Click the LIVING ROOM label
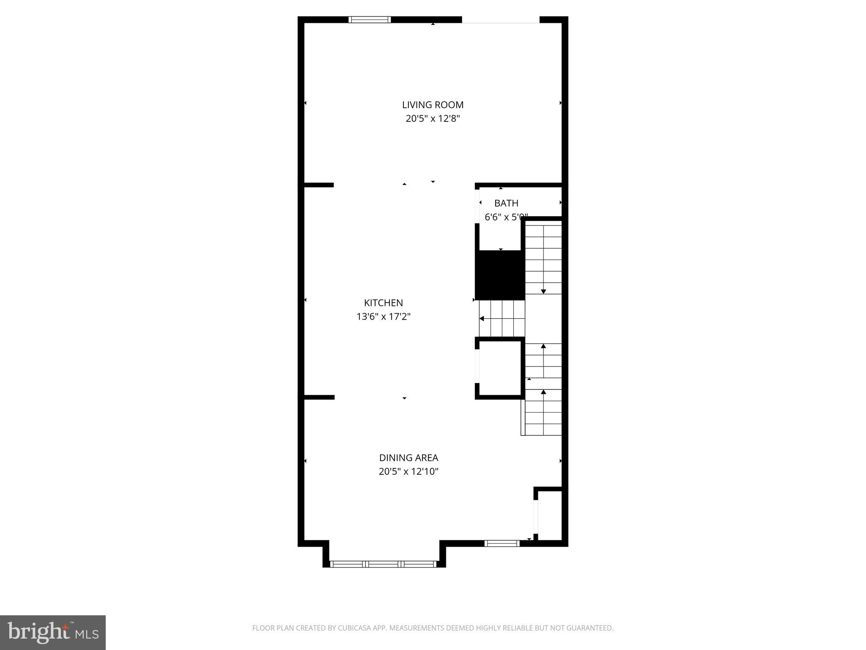[x=433, y=105]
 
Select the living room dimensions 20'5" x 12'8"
[x=433, y=118]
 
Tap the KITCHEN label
[x=384, y=303]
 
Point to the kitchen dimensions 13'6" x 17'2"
[x=384, y=317]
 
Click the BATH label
[x=506, y=203]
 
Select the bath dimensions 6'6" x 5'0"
[x=506, y=217]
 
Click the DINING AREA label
[x=408, y=457]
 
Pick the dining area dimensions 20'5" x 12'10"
[x=408, y=471]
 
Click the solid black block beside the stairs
[x=500, y=275]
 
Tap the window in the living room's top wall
[x=370, y=19]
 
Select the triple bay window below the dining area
[x=383, y=564]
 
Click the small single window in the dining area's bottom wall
[x=502, y=543]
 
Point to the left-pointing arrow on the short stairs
[x=482, y=319]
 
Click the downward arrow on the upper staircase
[x=543, y=291]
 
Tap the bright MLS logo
[x=53, y=632]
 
